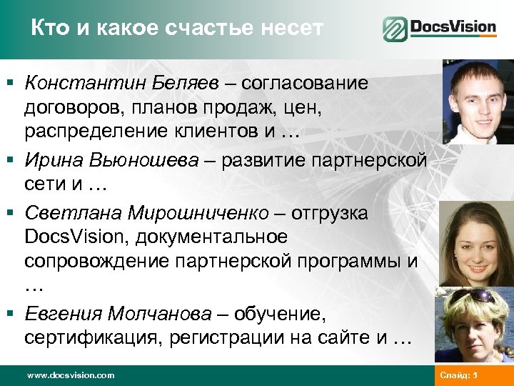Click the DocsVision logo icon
[x=395, y=29]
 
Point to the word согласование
[x=305, y=84]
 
